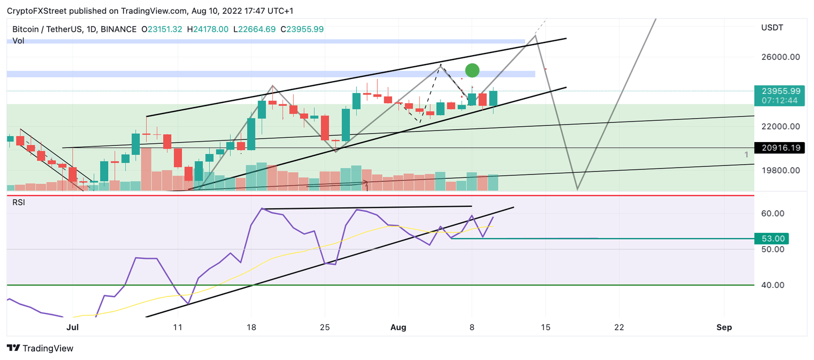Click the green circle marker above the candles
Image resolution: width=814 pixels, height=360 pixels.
pyautogui.click(x=472, y=70)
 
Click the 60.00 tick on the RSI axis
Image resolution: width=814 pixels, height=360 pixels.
pyautogui.click(x=772, y=214)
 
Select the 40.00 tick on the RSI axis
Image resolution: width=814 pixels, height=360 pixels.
pyautogui.click(x=772, y=285)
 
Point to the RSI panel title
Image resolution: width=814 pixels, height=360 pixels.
pyautogui.click(x=19, y=202)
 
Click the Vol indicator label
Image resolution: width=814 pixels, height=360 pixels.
pyautogui.click(x=19, y=40)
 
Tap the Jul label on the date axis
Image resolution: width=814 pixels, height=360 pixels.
pyautogui.click(x=73, y=328)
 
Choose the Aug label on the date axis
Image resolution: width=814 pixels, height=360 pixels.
pyautogui.click(x=398, y=328)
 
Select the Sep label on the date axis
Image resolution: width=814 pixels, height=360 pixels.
pyautogui.click(x=724, y=328)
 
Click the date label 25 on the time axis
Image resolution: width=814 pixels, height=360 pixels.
pyautogui.click(x=325, y=328)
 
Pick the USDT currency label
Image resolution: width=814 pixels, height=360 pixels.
pyautogui.click(x=772, y=28)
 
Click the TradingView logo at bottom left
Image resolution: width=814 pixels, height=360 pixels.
pyautogui.click(x=40, y=348)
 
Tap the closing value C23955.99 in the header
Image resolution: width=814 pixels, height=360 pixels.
pyautogui.click(x=302, y=29)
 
